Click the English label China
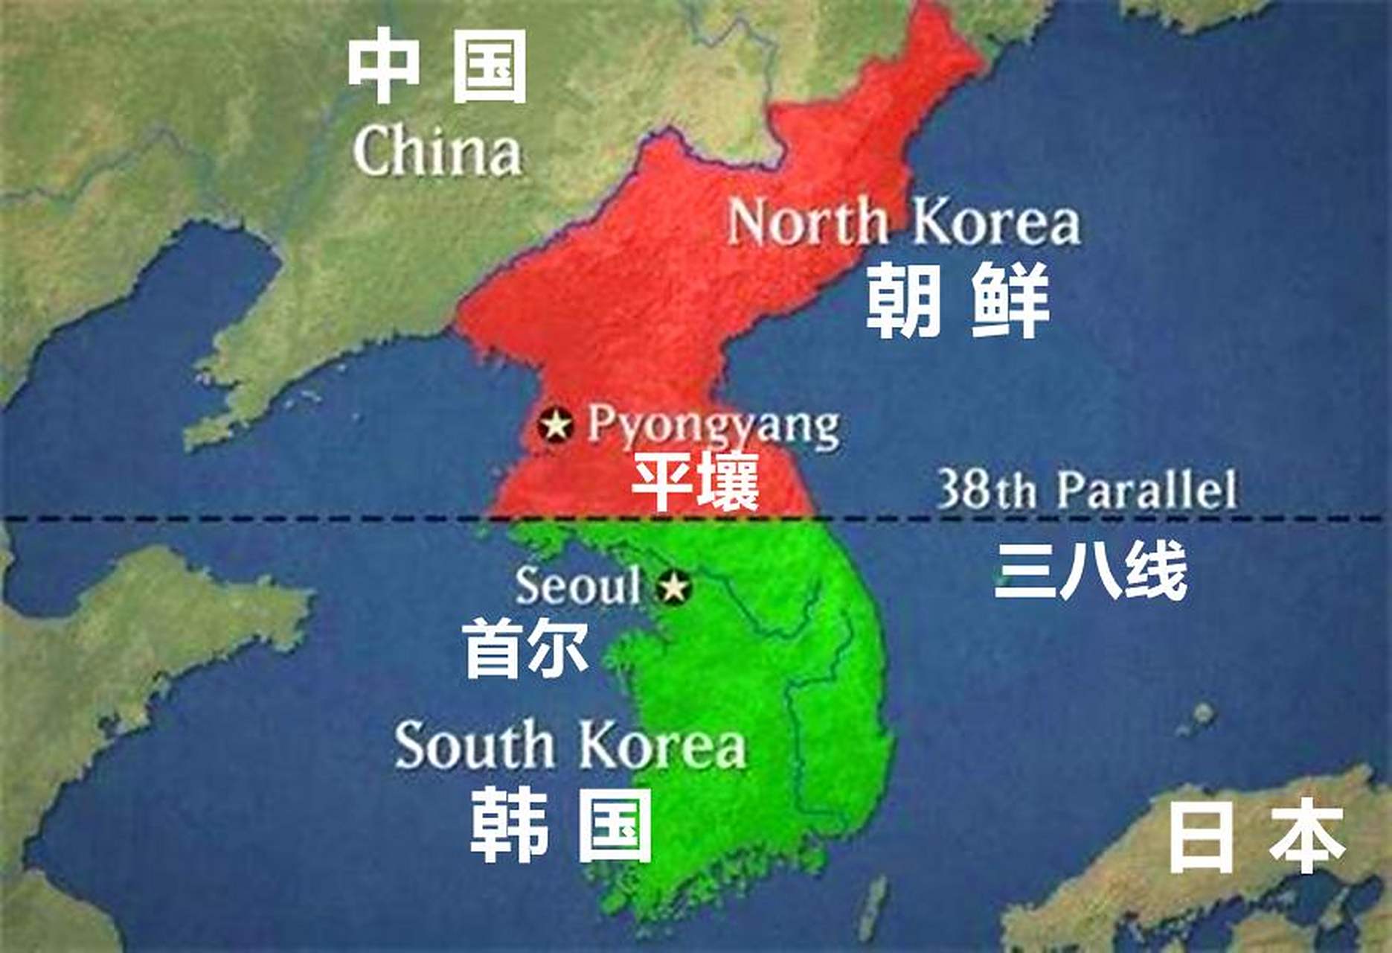(437, 153)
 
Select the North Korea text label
(903, 222)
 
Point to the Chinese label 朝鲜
(958, 300)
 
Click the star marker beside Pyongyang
(555, 426)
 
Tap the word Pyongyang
(713, 427)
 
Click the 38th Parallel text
(1086, 489)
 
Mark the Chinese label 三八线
(1091, 572)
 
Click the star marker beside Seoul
(673, 587)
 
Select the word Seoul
(577, 585)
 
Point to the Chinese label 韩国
(562, 826)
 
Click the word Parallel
(1147, 489)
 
